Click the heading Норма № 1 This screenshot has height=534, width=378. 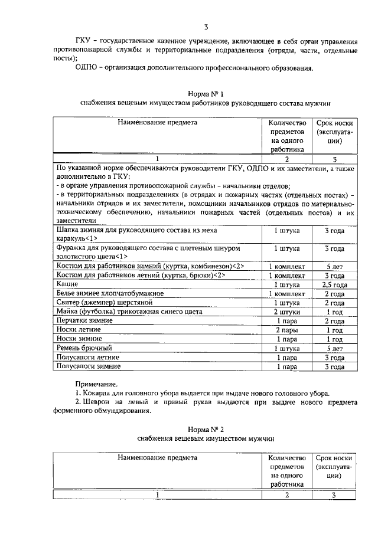pyautogui.click(x=206, y=94)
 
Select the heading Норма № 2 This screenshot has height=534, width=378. pyautogui.click(x=206, y=429)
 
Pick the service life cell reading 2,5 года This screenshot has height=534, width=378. pyautogui.click(x=334, y=284)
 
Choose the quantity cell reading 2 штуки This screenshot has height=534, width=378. pyautogui.click(x=286, y=312)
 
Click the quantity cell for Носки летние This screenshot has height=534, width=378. pyautogui.click(x=286, y=330)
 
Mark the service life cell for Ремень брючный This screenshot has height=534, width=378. pyautogui.click(x=334, y=348)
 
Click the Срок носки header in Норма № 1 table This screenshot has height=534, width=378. pyautogui.click(x=334, y=123)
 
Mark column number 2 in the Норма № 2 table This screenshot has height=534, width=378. pyautogui.click(x=286, y=494)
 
